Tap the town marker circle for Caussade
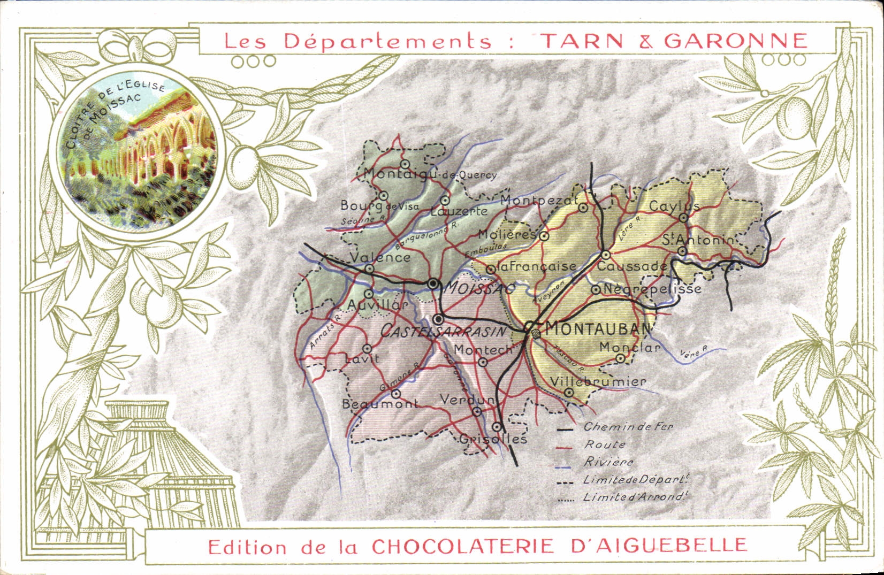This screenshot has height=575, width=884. point(606,255)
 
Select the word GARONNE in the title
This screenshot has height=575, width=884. point(735,41)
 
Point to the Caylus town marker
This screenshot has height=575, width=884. point(683,218)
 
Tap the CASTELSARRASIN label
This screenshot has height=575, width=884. point(443,332)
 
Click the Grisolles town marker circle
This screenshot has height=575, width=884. point(497,427)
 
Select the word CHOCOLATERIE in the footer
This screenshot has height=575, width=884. point(463,546)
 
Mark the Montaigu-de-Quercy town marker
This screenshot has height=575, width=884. point(405,164)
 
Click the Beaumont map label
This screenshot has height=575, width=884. point(380,404)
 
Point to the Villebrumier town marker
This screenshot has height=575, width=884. point(569,393)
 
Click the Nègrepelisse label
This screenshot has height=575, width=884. point(651,289)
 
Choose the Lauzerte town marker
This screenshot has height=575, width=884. point(445,200)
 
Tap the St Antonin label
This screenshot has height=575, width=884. point(698,240)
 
